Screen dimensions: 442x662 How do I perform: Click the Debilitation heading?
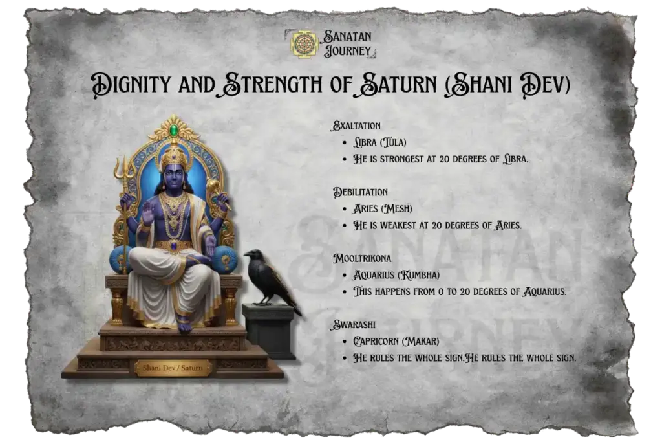coord(361,192)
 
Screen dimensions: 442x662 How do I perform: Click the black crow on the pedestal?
coord(272,277)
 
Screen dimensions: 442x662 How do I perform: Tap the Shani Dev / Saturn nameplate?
coord(173,368)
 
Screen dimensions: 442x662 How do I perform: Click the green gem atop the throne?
coord(173,131)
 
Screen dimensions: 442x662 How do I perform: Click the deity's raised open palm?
coord(148,212)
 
